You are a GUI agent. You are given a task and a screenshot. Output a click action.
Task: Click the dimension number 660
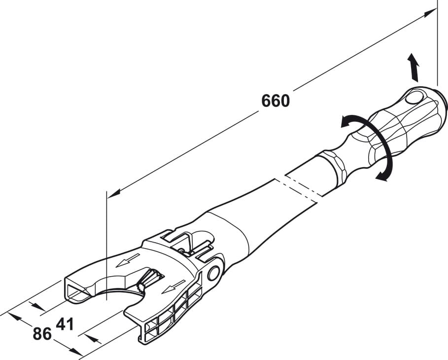point(276,101)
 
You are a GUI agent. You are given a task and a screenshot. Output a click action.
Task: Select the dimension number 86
point(42,334)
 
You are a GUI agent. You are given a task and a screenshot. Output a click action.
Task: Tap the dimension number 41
point(65,324)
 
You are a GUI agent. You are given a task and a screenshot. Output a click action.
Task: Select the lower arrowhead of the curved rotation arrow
point(380,177)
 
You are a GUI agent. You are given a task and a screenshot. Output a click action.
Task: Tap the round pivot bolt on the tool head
point(213,273)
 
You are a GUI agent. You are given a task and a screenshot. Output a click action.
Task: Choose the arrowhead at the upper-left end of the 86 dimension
point(15,316)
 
